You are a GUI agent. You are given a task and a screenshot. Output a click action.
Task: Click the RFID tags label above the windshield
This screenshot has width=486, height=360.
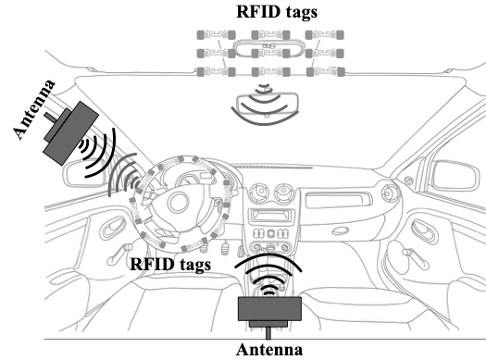(x=277, y=12)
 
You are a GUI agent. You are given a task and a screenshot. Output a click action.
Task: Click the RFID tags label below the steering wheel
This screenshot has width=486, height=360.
(x=170, y=265)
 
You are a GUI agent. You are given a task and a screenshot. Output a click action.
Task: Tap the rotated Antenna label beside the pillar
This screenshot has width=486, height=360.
(x=34, y=109)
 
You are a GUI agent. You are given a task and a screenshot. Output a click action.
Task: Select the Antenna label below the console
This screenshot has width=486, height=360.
(x=269, y=350)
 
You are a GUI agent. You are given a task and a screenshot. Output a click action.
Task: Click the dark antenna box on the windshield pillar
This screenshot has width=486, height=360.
(x=71, y=133)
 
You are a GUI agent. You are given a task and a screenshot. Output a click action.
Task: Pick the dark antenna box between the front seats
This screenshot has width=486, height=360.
(x=269, y=308)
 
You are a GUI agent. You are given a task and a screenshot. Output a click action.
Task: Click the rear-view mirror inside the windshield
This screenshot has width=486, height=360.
(x=268, y=105)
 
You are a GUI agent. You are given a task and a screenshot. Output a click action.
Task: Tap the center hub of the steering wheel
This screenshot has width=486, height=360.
(x=178, y=203)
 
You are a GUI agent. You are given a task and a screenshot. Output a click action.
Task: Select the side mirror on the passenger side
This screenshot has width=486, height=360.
(x=455, y=175)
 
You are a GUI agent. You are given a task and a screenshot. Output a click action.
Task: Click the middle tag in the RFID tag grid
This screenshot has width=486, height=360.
(x=270, y=54)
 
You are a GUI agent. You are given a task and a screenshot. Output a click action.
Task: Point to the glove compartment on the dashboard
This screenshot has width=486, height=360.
(x=338, y=200)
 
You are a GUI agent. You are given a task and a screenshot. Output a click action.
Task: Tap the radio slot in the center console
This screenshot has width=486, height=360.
(x=270, y=216)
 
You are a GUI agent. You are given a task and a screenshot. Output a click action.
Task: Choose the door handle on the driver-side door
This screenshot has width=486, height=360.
(x=113, y=228)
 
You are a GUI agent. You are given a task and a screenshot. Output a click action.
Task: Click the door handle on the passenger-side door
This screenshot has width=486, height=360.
(x=425, y=231)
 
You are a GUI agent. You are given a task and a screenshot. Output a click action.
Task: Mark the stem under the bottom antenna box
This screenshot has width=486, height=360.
(x=268, y=333)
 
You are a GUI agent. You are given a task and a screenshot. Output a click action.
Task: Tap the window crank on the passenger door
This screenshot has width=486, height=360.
(x=416, y=258)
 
